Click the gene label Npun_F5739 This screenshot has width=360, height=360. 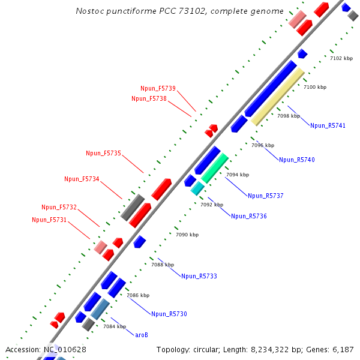[x=158, y=89]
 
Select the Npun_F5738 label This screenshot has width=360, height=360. [x=149, y=98]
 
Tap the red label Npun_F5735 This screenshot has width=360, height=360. [x=103, y=154]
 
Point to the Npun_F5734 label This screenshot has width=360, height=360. [x=82, y=179]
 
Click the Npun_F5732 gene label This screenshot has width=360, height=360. [x=59, y=207]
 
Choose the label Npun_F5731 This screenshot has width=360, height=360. [x=49, y=220]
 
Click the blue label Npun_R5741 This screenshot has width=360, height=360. [x=328, y=125]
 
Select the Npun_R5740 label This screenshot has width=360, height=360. [x=296, y=160]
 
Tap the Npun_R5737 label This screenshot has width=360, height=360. [x=265, y=196]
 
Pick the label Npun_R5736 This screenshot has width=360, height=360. [x=248, y=216]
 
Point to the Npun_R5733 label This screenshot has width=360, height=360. [x=199, y=276]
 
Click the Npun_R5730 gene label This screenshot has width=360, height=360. [x=169, y=314]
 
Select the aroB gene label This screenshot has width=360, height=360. [x=142, y=335]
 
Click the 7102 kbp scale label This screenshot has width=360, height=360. [x=344, y=58]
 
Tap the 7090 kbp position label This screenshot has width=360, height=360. [x=187, y=235]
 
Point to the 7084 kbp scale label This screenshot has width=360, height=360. [x=115, y=326]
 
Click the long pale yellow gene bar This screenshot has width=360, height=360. [x=277, y=96]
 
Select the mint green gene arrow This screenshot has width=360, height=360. [x=214, y=168]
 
